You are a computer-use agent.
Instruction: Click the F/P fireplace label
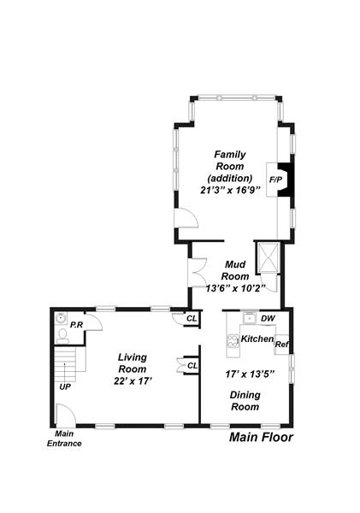tap(275, 180)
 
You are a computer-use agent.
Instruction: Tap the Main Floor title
tap(261, 437)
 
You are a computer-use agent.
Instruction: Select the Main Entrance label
tap(64, 439)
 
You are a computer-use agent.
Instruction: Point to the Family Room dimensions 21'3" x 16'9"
tap(230, 190)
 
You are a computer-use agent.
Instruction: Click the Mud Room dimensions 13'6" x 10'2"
tap(235, 289)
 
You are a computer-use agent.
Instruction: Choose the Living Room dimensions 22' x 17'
tap(132, 380)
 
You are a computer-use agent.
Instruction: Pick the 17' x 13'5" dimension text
tap(250, 374)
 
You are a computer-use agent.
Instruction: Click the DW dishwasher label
tap(268, 318)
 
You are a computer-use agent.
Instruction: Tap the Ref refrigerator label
tap(282, 345)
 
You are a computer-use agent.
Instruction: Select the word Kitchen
tap(257, 339)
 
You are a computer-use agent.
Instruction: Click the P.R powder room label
tap(76, 325)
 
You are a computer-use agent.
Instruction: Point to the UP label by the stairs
tap(65, 386)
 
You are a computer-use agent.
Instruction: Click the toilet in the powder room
tap(62, 336)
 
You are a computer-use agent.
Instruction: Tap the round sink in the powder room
tap(61, 318)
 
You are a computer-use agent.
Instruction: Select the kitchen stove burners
tap(233, 340)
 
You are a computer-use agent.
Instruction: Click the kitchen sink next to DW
tap(251, 318)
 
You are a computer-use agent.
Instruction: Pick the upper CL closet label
tap(192, 318)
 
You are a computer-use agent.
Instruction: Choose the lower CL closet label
tap(192, 365)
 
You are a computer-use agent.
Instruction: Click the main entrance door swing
tap(66, 415)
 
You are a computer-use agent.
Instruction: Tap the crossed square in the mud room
tap(269, 257)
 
